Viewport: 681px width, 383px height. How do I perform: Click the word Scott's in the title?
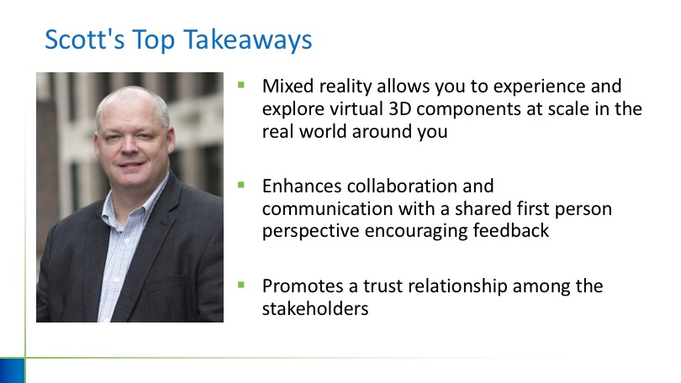pos(85,39)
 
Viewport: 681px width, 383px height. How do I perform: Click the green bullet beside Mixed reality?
pos(241,85)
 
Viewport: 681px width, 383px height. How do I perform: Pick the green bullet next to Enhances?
pos(241,186)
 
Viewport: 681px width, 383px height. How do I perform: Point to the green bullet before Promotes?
pos(241,285)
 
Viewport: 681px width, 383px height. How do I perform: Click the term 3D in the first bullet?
pos(399,109)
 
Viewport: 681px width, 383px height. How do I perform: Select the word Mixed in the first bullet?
pos(288,86)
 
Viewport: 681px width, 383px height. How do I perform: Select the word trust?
pos(383,286)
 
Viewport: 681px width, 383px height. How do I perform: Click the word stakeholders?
pos(315,309)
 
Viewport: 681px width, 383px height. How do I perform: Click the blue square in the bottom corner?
pos(12,370)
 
